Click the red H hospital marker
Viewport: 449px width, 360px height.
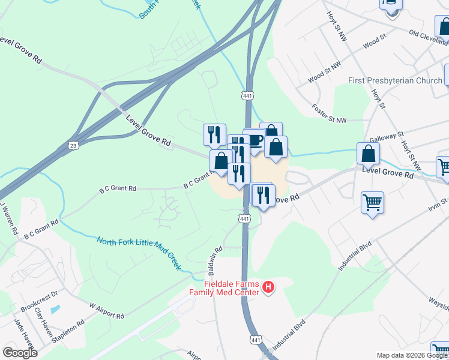tap(268, 288)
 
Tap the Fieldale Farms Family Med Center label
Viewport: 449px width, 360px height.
tap(231, 288)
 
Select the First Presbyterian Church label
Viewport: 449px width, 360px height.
tap(395, 80)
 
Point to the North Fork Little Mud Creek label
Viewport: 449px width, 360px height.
tap(139, 252)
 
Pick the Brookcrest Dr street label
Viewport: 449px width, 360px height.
tap(38, 298)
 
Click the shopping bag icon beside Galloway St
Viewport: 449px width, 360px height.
tap(368, 153)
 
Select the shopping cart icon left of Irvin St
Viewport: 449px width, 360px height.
tap(373, 203)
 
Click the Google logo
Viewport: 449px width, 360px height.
tap(20, 353)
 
